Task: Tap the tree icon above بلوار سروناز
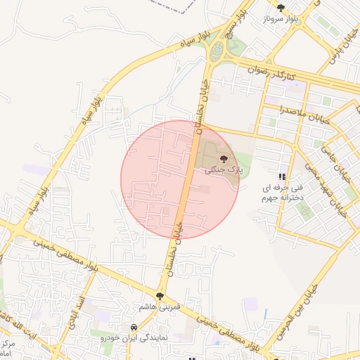281,7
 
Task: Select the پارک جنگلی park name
223,170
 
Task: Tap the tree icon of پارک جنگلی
224,159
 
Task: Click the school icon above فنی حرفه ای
281,176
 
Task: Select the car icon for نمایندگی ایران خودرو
134,327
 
